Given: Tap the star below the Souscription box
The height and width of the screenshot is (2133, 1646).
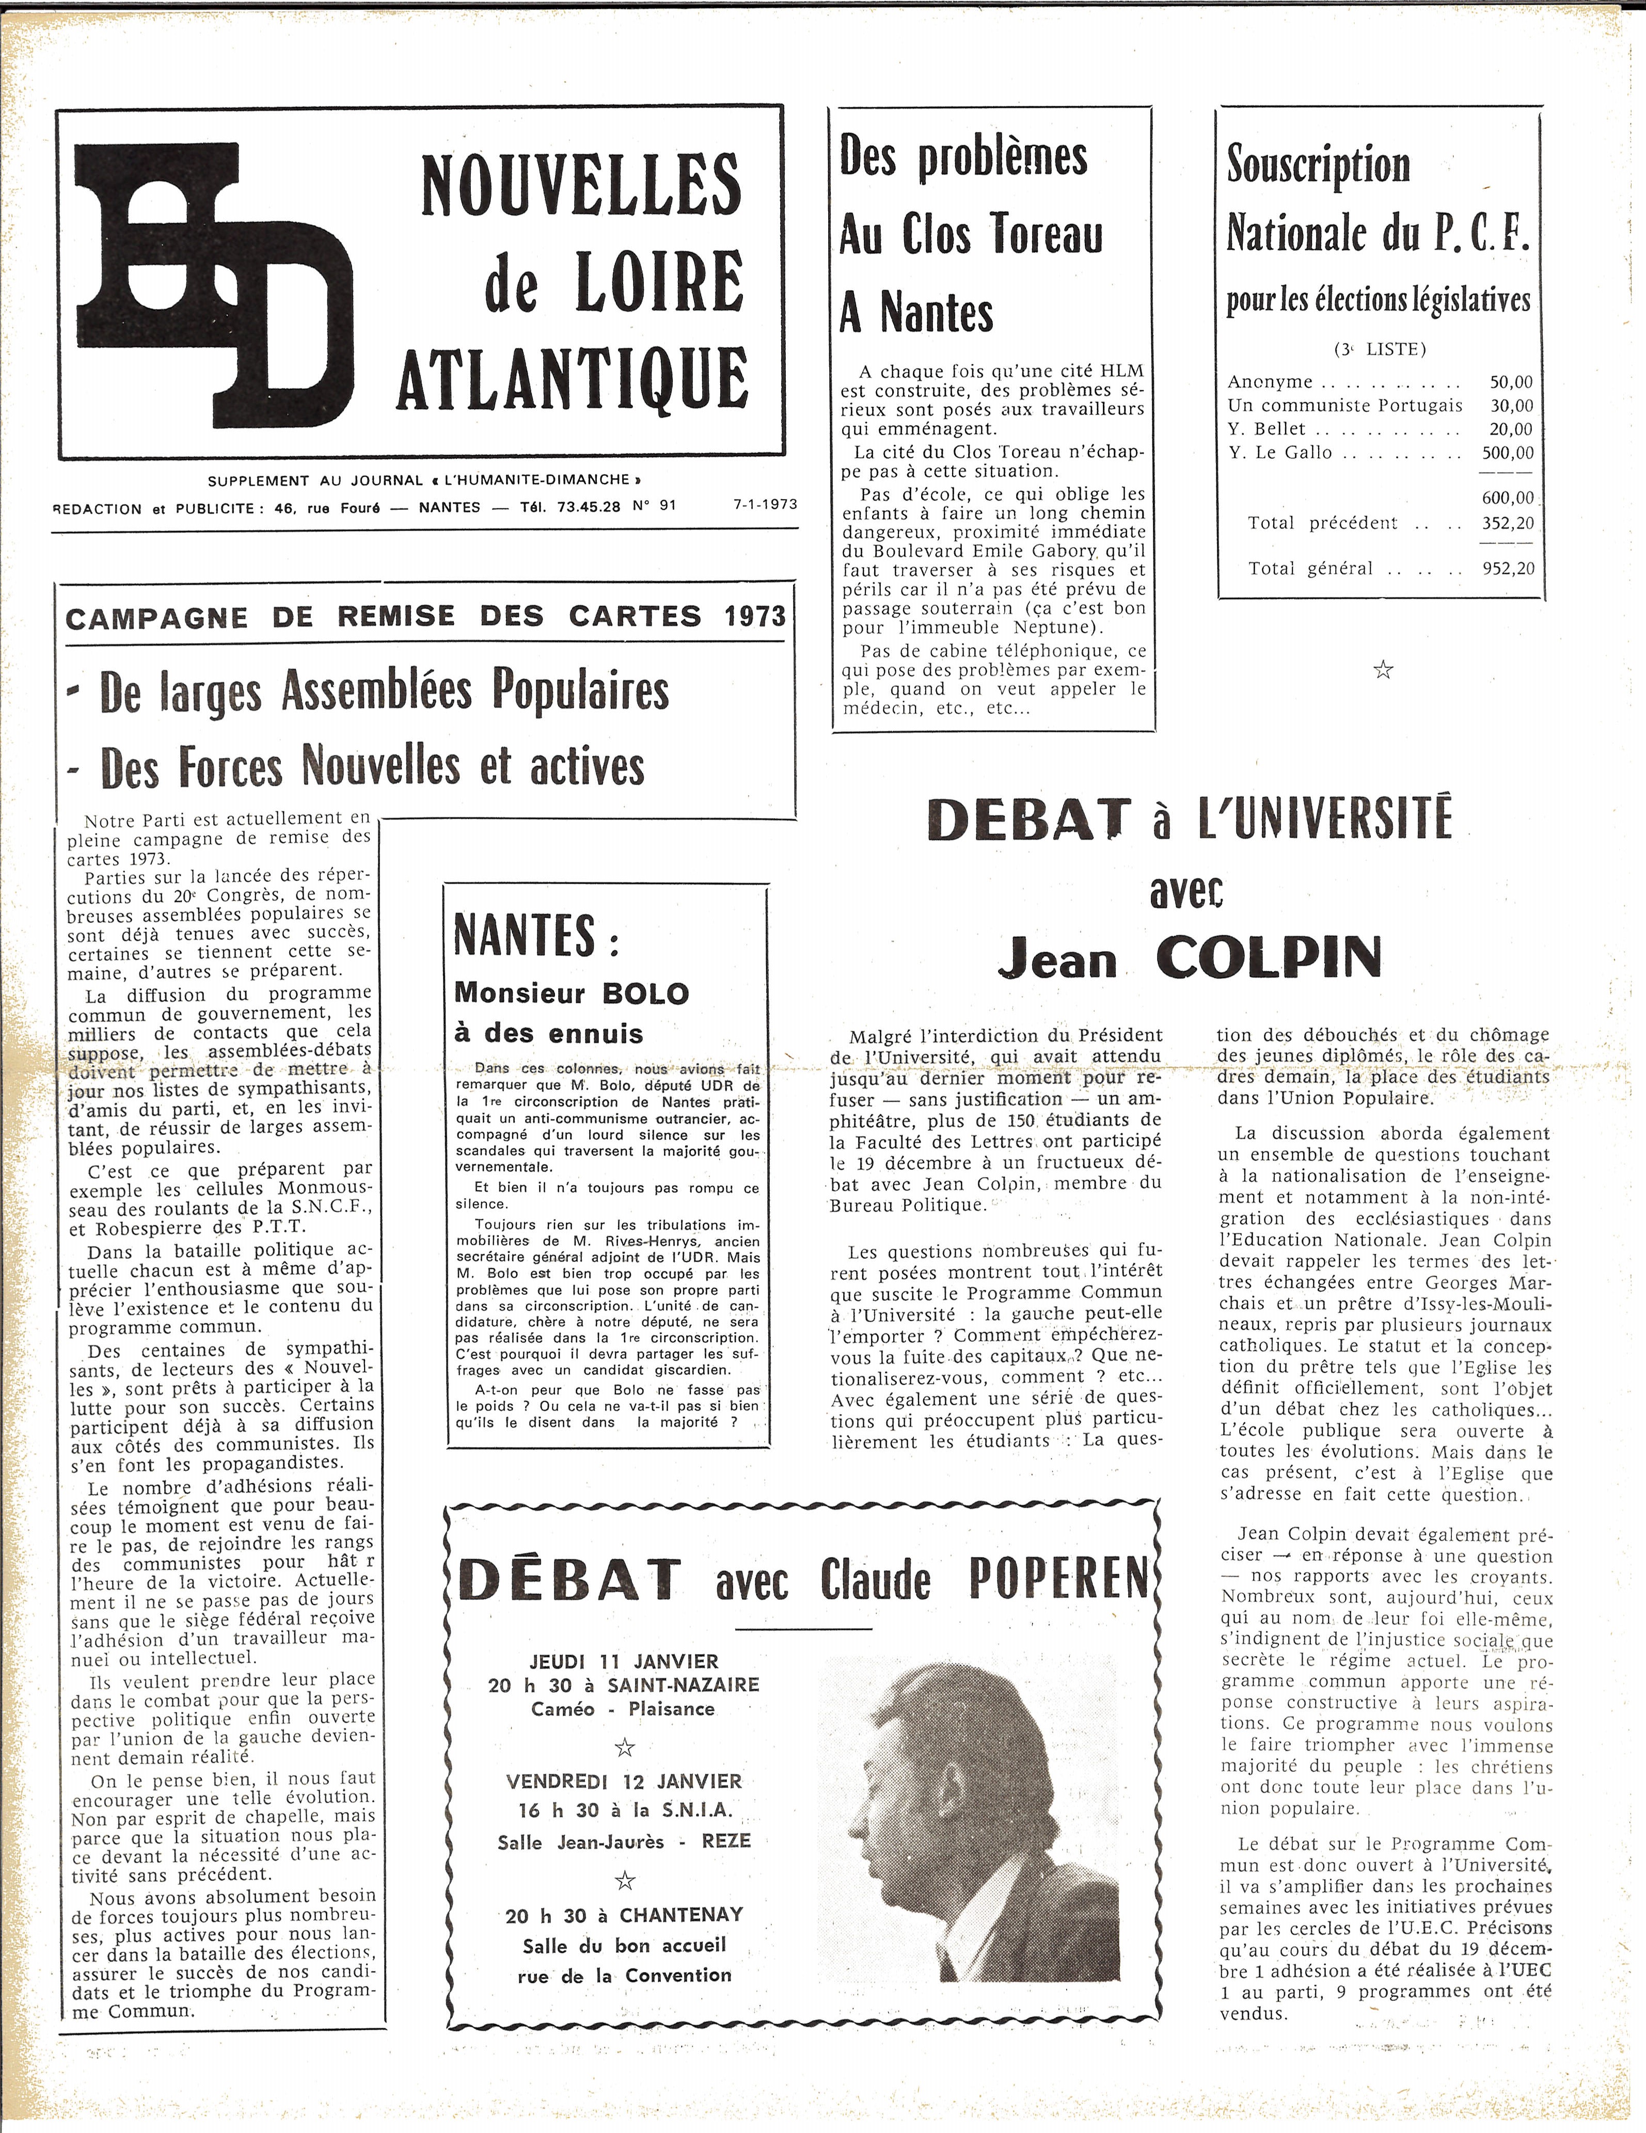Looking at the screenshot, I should (1382, 670).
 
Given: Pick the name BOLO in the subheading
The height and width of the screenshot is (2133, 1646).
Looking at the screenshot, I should (646, 993).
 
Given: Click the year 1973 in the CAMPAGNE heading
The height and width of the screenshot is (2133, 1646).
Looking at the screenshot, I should (755, 616).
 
